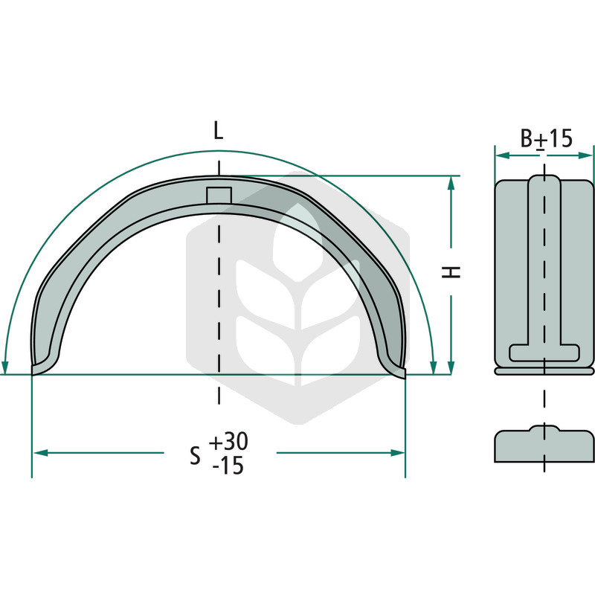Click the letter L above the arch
218,131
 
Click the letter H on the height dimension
451,272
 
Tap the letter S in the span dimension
195,456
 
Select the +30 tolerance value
228,442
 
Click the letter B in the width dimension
527,138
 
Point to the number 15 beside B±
560,138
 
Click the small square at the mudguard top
219,196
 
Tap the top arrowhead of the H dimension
451,183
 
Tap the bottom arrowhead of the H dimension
451,367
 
